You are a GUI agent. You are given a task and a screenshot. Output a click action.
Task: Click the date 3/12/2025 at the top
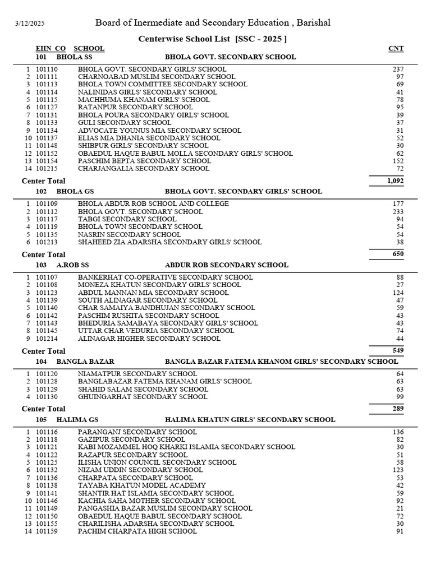(29, 24)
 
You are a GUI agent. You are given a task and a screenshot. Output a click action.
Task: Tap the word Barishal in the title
(312, 23)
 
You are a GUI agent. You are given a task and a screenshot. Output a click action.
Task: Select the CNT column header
(396, 49)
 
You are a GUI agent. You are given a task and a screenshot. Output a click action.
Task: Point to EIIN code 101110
(47, 69)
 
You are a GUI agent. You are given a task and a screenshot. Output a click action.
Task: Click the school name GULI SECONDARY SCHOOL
(125, 122)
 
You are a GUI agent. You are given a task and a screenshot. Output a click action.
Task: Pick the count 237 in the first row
(398, 69)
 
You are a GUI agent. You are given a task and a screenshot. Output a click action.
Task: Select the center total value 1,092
(395, 181)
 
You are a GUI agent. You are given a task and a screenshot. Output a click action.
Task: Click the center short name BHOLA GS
(75, 191)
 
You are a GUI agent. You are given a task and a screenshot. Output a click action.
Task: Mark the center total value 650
(397, 254)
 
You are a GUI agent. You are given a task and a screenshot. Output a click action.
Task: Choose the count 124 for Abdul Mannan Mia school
(398, 293)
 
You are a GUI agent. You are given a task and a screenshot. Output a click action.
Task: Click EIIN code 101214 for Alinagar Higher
(47, 339)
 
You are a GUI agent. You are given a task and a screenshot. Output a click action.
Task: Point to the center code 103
(41, 265)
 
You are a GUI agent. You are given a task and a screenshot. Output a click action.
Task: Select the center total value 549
(397, 350)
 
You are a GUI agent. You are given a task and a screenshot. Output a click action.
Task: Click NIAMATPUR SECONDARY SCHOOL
(137, 373)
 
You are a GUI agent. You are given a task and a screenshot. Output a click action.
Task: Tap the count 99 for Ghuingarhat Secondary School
(400, 397)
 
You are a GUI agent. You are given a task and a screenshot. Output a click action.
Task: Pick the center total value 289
(397, 409)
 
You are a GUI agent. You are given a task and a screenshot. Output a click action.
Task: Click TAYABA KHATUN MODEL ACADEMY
(142, 485)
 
